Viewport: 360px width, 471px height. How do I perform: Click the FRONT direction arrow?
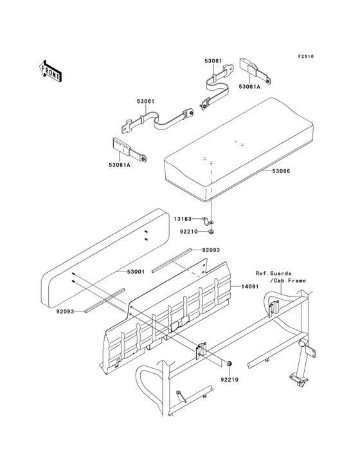pyautogui.click(x=51, y=70)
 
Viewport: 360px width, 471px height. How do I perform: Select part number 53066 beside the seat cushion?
pyautogui.click(x=281, y=171)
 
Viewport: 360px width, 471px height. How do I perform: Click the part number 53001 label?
pyautogui.click(x=126, y=273)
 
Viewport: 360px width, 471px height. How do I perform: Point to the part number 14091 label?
pyautogui.click(x=251, y=287)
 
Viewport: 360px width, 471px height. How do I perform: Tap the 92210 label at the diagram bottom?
pyautogui.click(x=230, y=380)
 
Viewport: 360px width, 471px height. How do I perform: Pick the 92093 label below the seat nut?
pyautogui.click(x=211, y=250)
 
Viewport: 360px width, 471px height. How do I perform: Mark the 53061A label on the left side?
pyautogui.click(x=119, y=165)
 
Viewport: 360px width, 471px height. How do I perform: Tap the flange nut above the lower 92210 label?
pyautogui.click(x=228, y=365)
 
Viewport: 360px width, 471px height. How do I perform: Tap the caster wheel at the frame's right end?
pyautogui.click(x=300, y=383)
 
